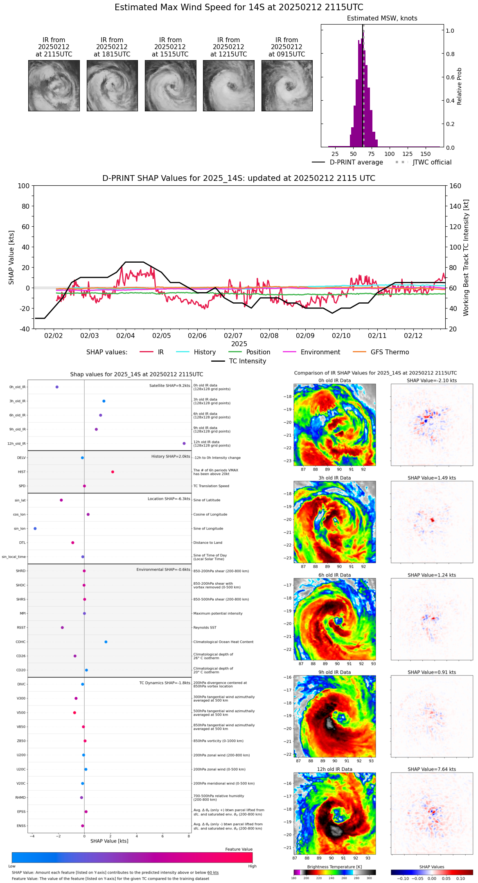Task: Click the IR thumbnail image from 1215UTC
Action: point(228,86)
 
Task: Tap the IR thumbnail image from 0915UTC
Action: point(287,86)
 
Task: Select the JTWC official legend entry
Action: point(432,162)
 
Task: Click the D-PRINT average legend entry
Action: point(356,162)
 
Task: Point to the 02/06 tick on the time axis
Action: point(197,336)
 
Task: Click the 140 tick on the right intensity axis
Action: point(455,206)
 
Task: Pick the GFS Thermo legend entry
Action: point(390,352)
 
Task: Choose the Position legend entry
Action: point(258,352)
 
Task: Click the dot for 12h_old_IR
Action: point(184,444)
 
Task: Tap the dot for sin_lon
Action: point(35,529)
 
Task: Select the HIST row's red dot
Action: point(113,472)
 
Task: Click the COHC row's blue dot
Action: point(106,642)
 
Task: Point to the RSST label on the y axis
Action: point(21,628)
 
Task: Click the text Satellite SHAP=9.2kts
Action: point(169,385)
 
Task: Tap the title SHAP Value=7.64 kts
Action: point(432,769)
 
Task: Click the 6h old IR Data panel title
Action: point(334,575)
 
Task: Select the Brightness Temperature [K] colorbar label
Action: point(334,867)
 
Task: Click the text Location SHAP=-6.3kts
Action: point(169,499)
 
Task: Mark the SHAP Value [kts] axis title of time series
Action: point(11,257)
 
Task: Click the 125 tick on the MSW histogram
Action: point(408,154)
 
